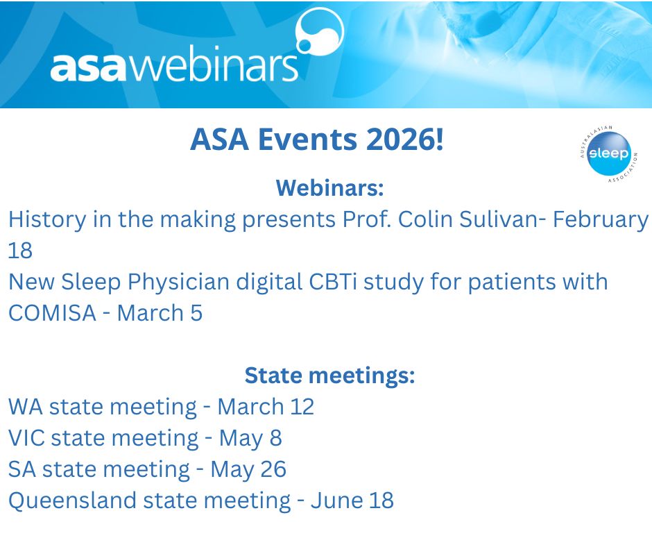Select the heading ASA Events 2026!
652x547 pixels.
pos(316,141)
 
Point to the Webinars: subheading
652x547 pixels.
pos(329,187)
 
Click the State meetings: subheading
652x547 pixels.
pos(329,376)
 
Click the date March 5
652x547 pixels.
pos(160,313)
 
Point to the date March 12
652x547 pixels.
pos(266,407)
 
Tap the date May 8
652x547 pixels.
pos(250,438)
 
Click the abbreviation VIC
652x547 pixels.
pos(26,438)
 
